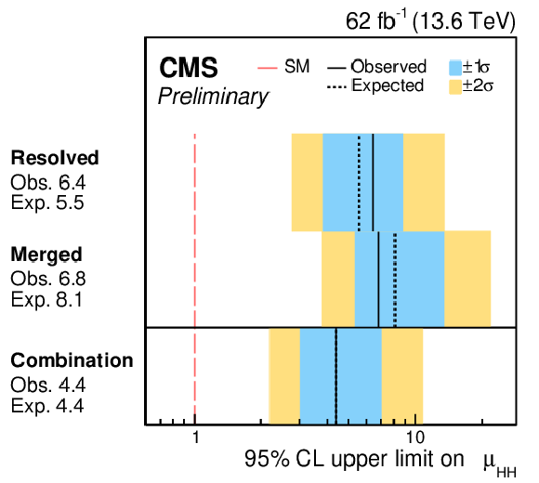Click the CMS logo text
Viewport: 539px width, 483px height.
[x=189, y=68]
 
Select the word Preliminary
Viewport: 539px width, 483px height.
[x=213, y=97]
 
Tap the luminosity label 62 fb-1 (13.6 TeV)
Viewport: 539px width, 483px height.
[x=430, y=21]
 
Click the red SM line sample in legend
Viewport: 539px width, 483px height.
[x=268, y=68]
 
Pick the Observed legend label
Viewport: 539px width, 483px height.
[x=388, y=66]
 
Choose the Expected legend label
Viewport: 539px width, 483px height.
[x=388, y=85]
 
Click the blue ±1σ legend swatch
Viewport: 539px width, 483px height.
[x=455, y=68]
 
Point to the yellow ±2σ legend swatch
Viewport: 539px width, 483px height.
[x=455, y=87]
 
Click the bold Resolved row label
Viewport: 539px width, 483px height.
[x=55, y=158]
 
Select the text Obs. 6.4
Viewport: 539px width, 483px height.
[x=48, y=182]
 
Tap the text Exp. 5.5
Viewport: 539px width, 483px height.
[x=47, y=202]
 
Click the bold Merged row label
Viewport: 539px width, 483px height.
[x=46, y=255]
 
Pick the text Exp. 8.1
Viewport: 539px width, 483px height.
[x=46, y=300]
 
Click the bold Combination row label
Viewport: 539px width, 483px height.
[x=72, y=360]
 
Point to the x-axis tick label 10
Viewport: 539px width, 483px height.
[x=415, y=437]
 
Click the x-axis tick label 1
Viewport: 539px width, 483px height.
[x=195, y=437]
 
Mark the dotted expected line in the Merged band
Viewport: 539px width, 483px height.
[x=395, y=280]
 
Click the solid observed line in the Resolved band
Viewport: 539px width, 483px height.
[x=373, y=182]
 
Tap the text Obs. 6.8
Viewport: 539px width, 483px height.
[x=48, y=279]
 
